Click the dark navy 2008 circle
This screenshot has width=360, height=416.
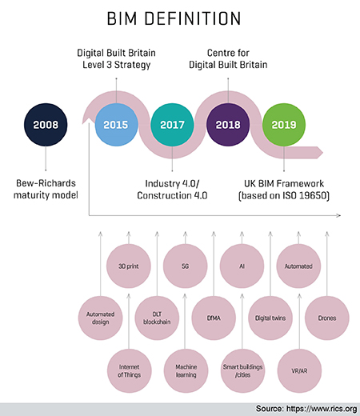pyautogui.click(x=45, y=124)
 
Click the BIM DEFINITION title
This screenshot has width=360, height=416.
pyautogui.click(x=180, y=18)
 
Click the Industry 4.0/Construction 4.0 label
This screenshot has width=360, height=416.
pyautogui.click(x=173, y=190)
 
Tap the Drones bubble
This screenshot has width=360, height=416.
pyautogui.click(x=326, y=318)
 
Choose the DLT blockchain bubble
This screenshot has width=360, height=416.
pyautogui.click(x=157, y=318)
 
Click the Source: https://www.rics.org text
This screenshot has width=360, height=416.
pyautogui.click(x=306, y=408)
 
